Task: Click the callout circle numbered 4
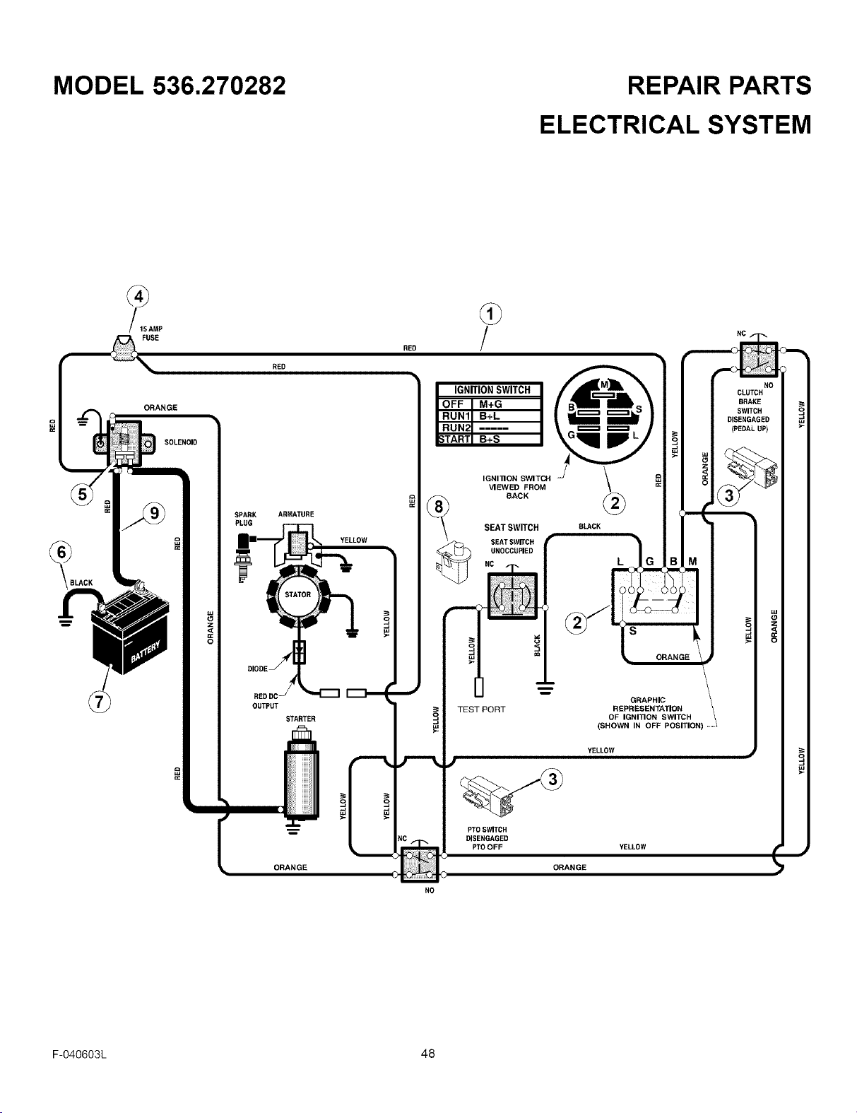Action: tap(138, 297)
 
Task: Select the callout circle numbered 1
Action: tap(490, 314)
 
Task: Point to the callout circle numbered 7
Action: tap(100, 702)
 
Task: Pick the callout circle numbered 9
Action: tap(154, 513)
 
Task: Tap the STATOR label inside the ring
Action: tap(297, 594)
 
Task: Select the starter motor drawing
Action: tap(302, 775)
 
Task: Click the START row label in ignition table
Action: tap(454, 439)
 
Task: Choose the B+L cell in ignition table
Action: tap(490, 416)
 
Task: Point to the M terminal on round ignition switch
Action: tap(605, 384)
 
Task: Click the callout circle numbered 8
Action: tap(438, 507)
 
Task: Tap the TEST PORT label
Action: tap(481, 709)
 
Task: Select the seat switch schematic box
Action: tap(512, 596)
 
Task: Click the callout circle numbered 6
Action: tap(61, 553)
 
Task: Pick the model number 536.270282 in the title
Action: tap(218, 86)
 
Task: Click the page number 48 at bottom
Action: tap(428, 1054)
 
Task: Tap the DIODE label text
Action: tap(257, 669)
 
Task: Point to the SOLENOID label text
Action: tap(181, 442)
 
